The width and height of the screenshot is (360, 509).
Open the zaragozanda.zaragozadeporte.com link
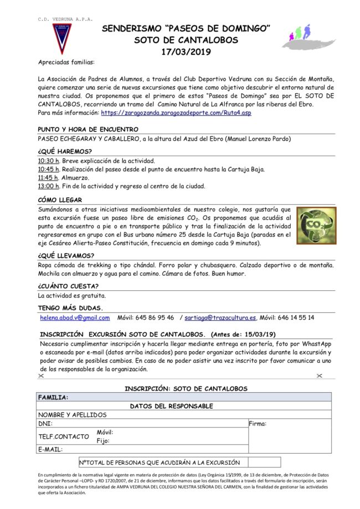[172, 112]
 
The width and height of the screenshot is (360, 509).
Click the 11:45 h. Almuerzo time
[48, 178]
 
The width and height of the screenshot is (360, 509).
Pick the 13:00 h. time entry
[48, 186]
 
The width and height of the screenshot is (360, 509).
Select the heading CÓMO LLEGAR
[60, 199]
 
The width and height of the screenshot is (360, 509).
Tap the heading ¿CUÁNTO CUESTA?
[68, 286]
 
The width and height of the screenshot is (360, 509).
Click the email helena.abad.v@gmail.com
[75, 317]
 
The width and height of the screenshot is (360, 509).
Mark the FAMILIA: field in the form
[53, 397]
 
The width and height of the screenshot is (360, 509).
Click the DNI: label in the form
[45, 423]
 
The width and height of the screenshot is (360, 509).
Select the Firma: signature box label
[258, 424]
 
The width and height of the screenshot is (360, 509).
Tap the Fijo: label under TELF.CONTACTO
[104, 441]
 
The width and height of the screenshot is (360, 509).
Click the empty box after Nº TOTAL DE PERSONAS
[264, 462]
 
